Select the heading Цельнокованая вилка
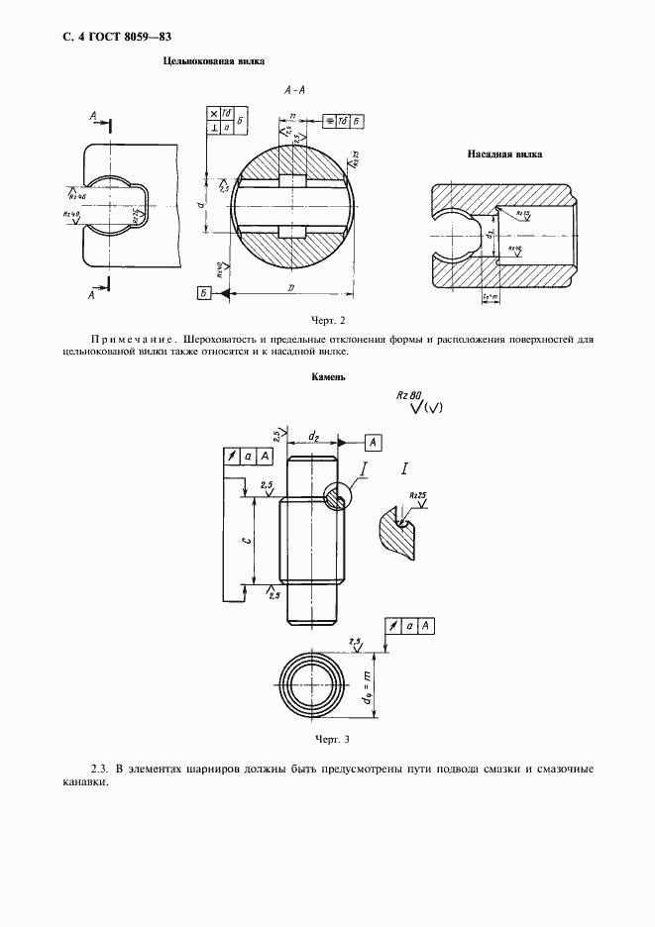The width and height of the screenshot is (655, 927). click(x=213, y=61)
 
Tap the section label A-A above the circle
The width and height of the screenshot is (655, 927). click(x=293, y=90)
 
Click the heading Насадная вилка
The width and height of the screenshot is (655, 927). click(x=503, y=154)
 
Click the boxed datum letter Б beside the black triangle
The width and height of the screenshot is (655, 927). click(x=204, y=292)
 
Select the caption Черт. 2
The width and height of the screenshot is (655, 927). click(x=327, y=320)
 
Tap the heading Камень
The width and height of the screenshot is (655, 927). click(x=328, y=376)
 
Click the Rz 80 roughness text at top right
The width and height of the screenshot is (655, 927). click(x=408, y=394)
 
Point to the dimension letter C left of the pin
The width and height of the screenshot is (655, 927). click(x=246, y=542)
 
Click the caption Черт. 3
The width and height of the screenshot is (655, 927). click(x=331, y=739)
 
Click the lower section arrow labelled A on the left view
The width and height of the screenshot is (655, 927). click(x=96, y=294)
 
